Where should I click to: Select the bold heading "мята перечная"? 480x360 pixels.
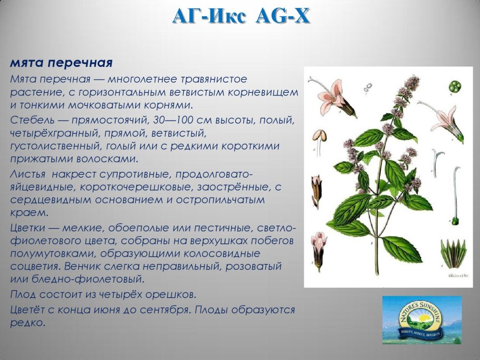click(61, 63)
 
